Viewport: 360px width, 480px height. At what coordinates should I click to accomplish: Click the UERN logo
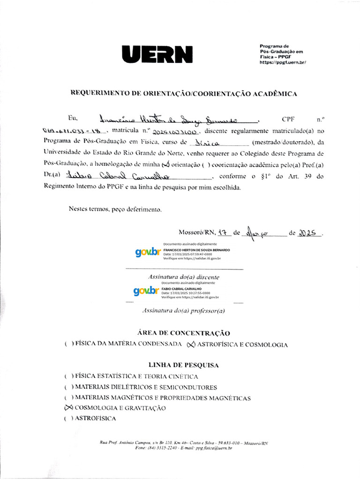pyautogui.click(x=157, y=54)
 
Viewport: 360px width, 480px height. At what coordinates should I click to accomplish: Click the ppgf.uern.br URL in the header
pyautogui.click(x=283, y=62)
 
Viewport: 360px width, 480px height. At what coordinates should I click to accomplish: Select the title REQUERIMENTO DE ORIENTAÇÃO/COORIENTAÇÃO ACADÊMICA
pyautogui.click(x=183, y=94)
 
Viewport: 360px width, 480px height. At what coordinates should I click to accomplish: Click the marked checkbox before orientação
pyautogui.click(x=165, y=165)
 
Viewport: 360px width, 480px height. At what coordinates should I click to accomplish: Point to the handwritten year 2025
pyautogui.click(x=309, y=232)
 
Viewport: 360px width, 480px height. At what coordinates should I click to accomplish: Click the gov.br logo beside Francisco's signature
pyautogui.click(x=148, y=252)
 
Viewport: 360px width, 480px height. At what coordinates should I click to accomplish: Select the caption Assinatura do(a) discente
pyautogui.click(x=184, y=277)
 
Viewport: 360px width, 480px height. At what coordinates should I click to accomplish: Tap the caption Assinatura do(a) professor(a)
pyautogui.click(x=183, y=311)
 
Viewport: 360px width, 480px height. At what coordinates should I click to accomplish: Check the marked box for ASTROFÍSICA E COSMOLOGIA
pyautogui.click(x=190, y=345)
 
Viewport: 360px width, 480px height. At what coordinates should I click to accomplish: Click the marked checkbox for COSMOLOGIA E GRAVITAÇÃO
pyautogui.click(x=68, y=408)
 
